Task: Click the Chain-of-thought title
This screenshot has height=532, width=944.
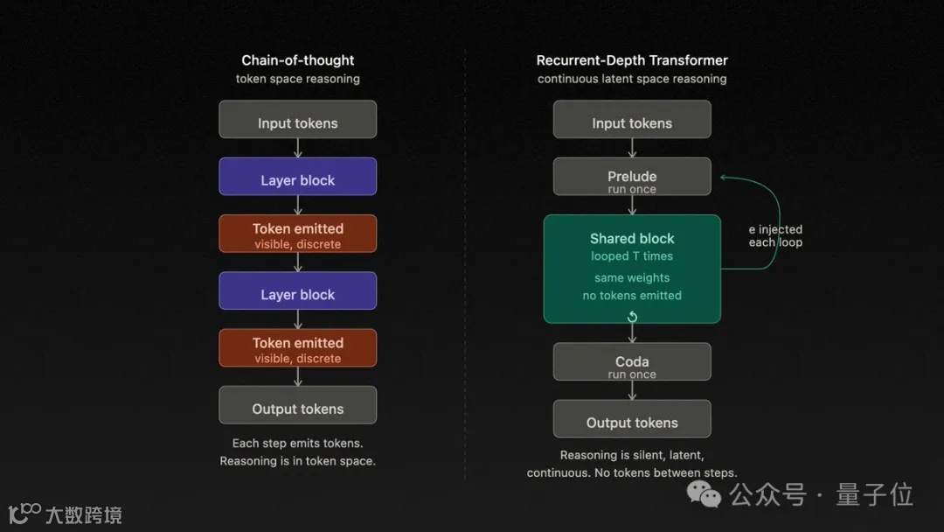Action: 298,60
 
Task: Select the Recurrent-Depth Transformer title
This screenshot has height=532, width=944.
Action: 632,60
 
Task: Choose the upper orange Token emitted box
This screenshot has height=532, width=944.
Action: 298,234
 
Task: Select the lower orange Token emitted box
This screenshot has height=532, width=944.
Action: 298,348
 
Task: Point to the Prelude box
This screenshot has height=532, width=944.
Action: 632,177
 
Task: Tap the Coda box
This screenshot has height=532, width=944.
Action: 632,362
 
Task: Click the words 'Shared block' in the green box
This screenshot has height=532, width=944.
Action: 632,238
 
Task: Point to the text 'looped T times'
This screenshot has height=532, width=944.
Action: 632,256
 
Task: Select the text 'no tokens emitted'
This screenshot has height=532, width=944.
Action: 632,296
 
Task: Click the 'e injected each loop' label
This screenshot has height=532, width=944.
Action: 775,236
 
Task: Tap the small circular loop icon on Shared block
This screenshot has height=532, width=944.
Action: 632,316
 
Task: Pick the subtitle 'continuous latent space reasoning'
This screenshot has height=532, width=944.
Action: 632,79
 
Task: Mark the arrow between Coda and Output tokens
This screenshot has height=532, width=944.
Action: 632,390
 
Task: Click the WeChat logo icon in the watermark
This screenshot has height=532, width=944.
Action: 705,495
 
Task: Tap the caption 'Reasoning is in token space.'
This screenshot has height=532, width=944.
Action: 298,461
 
